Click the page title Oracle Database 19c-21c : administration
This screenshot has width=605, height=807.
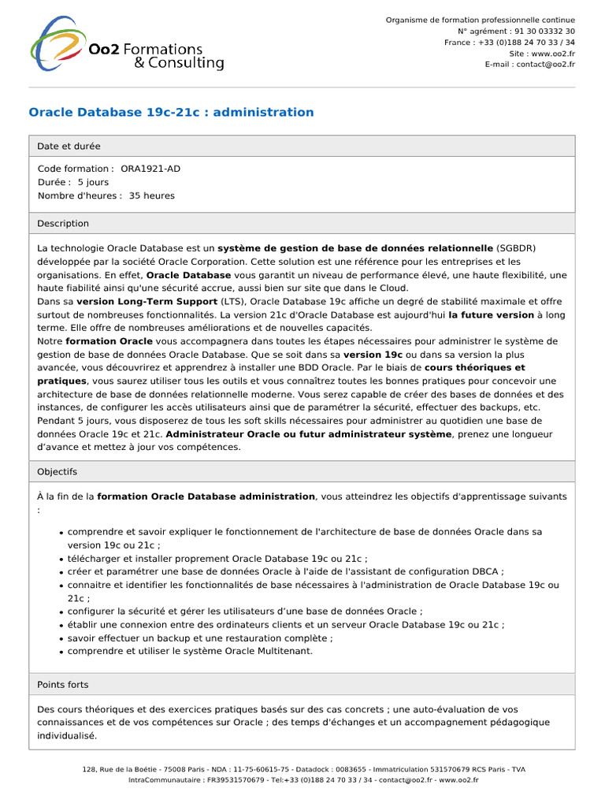tap(171, 112)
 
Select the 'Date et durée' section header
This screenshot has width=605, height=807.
tap(69, 146)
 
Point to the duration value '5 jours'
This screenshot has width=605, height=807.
tap(93, 182)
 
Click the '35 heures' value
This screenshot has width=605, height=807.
tap(152, 195)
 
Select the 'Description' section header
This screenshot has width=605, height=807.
tap(63, 224)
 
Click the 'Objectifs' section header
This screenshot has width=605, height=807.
tap(58, 471)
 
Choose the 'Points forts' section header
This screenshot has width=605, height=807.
tap(63, 685)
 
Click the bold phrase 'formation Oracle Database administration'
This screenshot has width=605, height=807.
tap(206, 496)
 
